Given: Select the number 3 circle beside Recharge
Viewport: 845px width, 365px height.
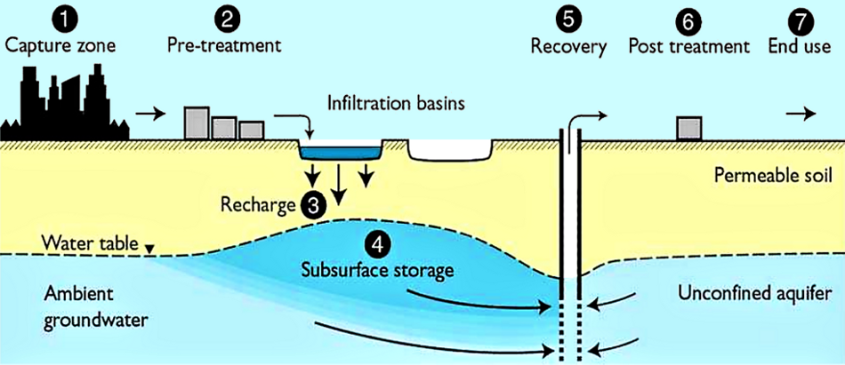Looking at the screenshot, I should point(312,205).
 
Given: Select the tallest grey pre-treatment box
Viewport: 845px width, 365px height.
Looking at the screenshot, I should point(196,123).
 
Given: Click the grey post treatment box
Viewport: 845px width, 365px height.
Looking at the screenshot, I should point(688,128).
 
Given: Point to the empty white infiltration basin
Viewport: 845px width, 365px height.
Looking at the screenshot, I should point(450,149).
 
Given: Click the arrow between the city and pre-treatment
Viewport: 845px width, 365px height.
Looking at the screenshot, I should point(153,114).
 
